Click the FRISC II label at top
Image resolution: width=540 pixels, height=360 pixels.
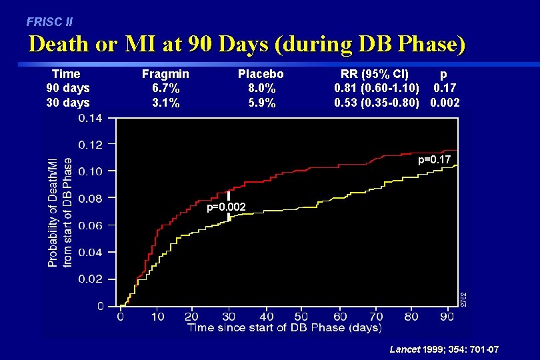click(x=50, y=21)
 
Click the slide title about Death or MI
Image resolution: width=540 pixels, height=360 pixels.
click(x=247, y=44)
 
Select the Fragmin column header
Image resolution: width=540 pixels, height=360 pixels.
click(x=165, y=74)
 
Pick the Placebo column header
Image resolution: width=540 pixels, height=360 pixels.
click(x=261, y=74)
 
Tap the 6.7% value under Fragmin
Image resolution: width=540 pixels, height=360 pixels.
click(x=165, y=88)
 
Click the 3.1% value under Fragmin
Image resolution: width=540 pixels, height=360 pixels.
click(x=165, y=103)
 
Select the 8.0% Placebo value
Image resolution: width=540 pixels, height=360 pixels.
click(x=261, y=88)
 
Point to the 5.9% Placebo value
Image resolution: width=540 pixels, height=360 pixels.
click(x=261, y=103)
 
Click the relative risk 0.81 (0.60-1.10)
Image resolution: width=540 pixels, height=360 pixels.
click(x=377, y=88)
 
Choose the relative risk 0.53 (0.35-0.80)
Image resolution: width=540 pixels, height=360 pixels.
click(x=377, y=103)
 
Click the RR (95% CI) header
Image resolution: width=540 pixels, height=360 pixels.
click(x=375, y=74)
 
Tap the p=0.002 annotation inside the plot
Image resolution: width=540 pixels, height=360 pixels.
click(x=226, y=207)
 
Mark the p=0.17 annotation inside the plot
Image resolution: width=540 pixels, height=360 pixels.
click(x=434, y=159)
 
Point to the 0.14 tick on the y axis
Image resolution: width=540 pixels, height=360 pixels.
click(x=91, y=118)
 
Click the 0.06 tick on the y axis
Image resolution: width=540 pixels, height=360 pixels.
click(x=91, y=225)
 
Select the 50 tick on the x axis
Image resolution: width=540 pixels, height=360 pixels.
click(x=300, y=317)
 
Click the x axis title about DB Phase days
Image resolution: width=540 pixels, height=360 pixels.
click(x=284, y=327)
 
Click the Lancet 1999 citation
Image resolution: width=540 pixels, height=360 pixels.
click(x=444, y=350)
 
